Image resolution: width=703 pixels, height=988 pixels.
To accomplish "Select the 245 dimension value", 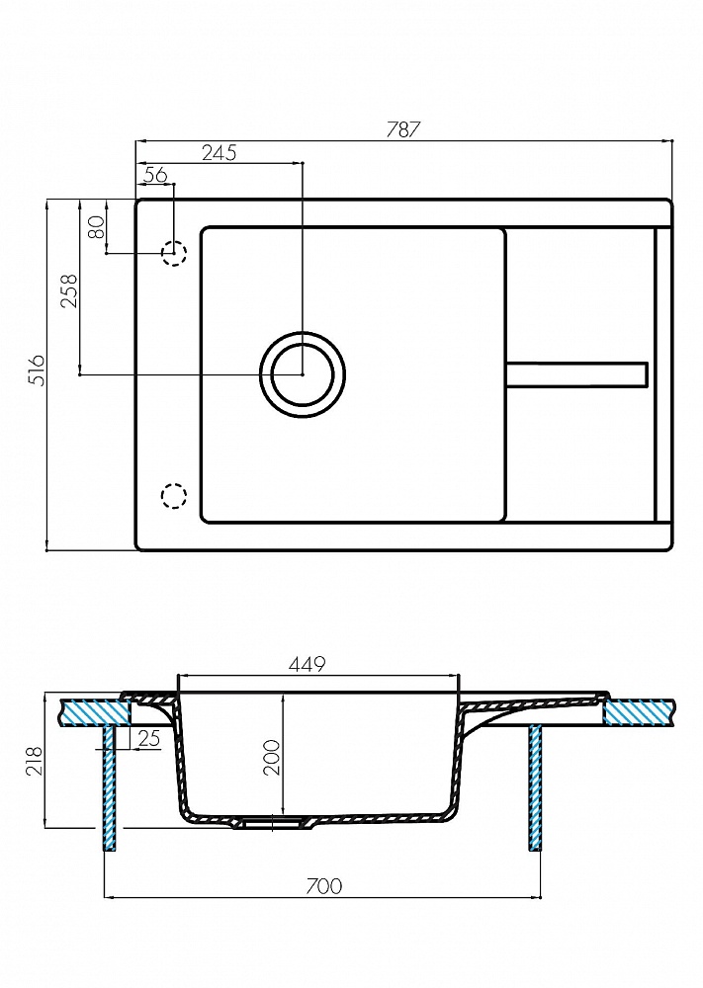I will click(218, 152).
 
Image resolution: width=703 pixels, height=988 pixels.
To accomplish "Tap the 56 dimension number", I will click(155, 175).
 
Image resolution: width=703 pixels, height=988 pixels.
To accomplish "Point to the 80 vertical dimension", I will click(96, 227).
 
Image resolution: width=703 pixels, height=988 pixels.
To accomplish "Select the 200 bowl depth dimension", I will click(274, 756).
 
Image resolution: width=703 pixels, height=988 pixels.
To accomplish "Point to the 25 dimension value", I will click(150, 737).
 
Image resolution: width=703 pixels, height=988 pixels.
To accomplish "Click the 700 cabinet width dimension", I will click(323, 885).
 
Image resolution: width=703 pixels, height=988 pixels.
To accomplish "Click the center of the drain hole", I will click(303, 374).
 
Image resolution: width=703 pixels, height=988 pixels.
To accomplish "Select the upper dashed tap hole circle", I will click(174, 253).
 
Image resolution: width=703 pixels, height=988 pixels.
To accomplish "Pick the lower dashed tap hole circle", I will click(174, 495).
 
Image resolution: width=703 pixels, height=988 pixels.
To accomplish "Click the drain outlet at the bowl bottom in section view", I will click(267, 822).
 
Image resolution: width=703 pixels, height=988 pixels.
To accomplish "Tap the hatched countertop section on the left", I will click(91, 711).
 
